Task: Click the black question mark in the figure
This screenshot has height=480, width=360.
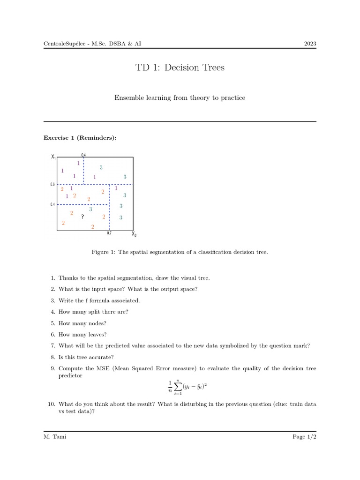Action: point(82,217)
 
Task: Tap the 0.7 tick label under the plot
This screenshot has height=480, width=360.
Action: point(109,233)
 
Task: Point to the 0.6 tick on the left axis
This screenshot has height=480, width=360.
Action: point(52,185)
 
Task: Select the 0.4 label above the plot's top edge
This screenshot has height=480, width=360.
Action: point(83,155)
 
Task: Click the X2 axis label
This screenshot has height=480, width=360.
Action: point(134,234)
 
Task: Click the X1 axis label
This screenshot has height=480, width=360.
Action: point(53,157)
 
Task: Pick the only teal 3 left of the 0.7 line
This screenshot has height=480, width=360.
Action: point(90,209)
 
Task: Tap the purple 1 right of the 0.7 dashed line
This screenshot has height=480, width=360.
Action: point(116,188)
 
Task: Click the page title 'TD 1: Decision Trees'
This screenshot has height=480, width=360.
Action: point(180,67)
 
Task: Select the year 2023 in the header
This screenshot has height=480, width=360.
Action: point(310,44)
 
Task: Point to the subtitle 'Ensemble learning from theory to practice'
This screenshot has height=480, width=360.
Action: point(180,98)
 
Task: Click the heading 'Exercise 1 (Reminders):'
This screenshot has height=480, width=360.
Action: point(80,138)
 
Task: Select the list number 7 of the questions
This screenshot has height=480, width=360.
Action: point(53,346)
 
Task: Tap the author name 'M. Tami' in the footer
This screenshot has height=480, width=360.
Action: point(54,437)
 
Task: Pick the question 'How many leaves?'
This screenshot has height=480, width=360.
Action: point(82,335)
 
